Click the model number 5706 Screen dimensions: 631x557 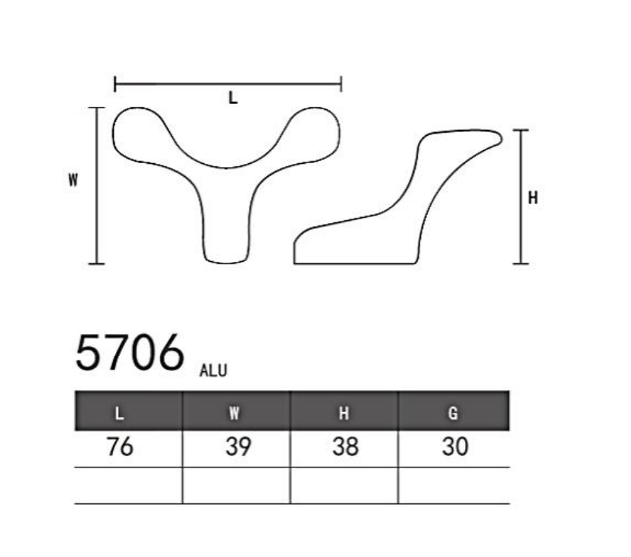pyautogui.click(x=130, y=352)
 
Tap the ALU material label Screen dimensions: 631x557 pyautogui.click(x=213, y=370)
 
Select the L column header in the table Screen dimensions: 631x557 pyautogui.click(x=119, y=414)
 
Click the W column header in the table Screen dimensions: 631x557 pyautogui.click(x=234, y=414)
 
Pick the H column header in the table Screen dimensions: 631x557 pyautogui.click(x=344, y=414)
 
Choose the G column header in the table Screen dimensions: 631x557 pyautogui.click(x=453, y=414)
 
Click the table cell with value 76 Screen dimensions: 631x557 pyautogui.click(x=120, y=447)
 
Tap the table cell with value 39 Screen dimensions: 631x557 pyautogui.click(x=238, y=447)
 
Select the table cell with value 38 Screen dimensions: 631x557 pyautogui.click(x=345, y=447)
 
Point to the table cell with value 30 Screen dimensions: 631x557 pyautogui.click(x=455, y=447)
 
